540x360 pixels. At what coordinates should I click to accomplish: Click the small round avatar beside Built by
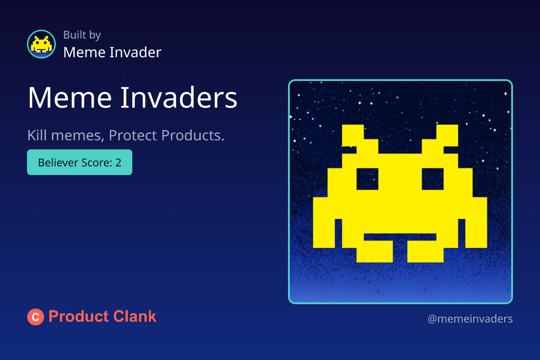41,44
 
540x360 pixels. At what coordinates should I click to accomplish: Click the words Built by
82,35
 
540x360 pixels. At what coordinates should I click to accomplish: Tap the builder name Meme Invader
112,52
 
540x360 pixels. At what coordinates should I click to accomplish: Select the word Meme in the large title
70,98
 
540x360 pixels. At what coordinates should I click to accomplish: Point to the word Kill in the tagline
37,135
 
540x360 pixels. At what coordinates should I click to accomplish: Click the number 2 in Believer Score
118,162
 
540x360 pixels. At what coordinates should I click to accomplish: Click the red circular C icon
36,317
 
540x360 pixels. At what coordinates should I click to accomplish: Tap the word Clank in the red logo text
135,316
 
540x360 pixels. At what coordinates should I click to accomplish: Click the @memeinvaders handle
470,319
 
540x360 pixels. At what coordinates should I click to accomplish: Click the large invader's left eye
367,179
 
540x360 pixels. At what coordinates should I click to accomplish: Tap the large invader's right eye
433,179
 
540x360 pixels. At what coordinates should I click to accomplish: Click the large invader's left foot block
374,251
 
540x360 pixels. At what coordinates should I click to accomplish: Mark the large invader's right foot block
426,251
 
